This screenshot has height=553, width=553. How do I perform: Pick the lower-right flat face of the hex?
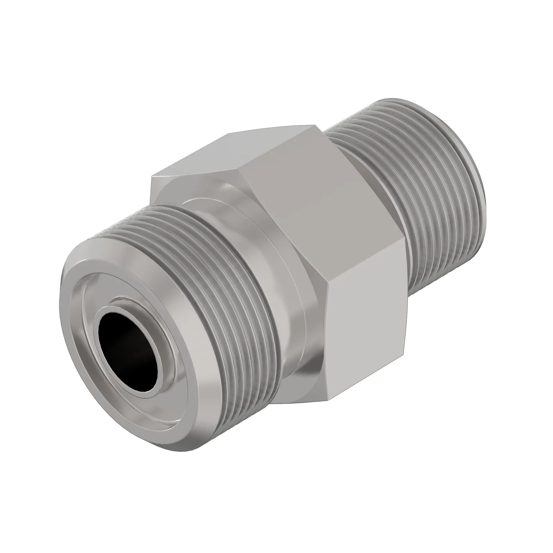[x=366, y=324]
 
